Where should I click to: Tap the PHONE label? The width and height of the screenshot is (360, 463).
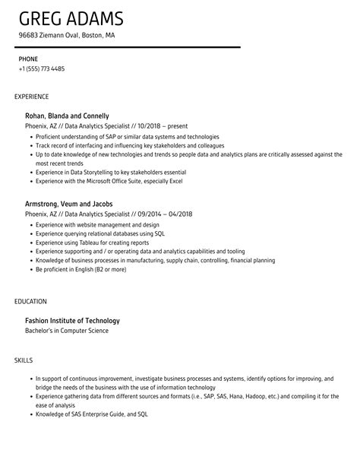[x=28, y=59]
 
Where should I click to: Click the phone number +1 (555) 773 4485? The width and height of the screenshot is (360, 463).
[x=42, y=68]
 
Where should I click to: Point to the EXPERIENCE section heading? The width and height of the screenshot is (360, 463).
[x=32, y=97]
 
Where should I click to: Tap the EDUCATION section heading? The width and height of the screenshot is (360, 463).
[x=30, y=301]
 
